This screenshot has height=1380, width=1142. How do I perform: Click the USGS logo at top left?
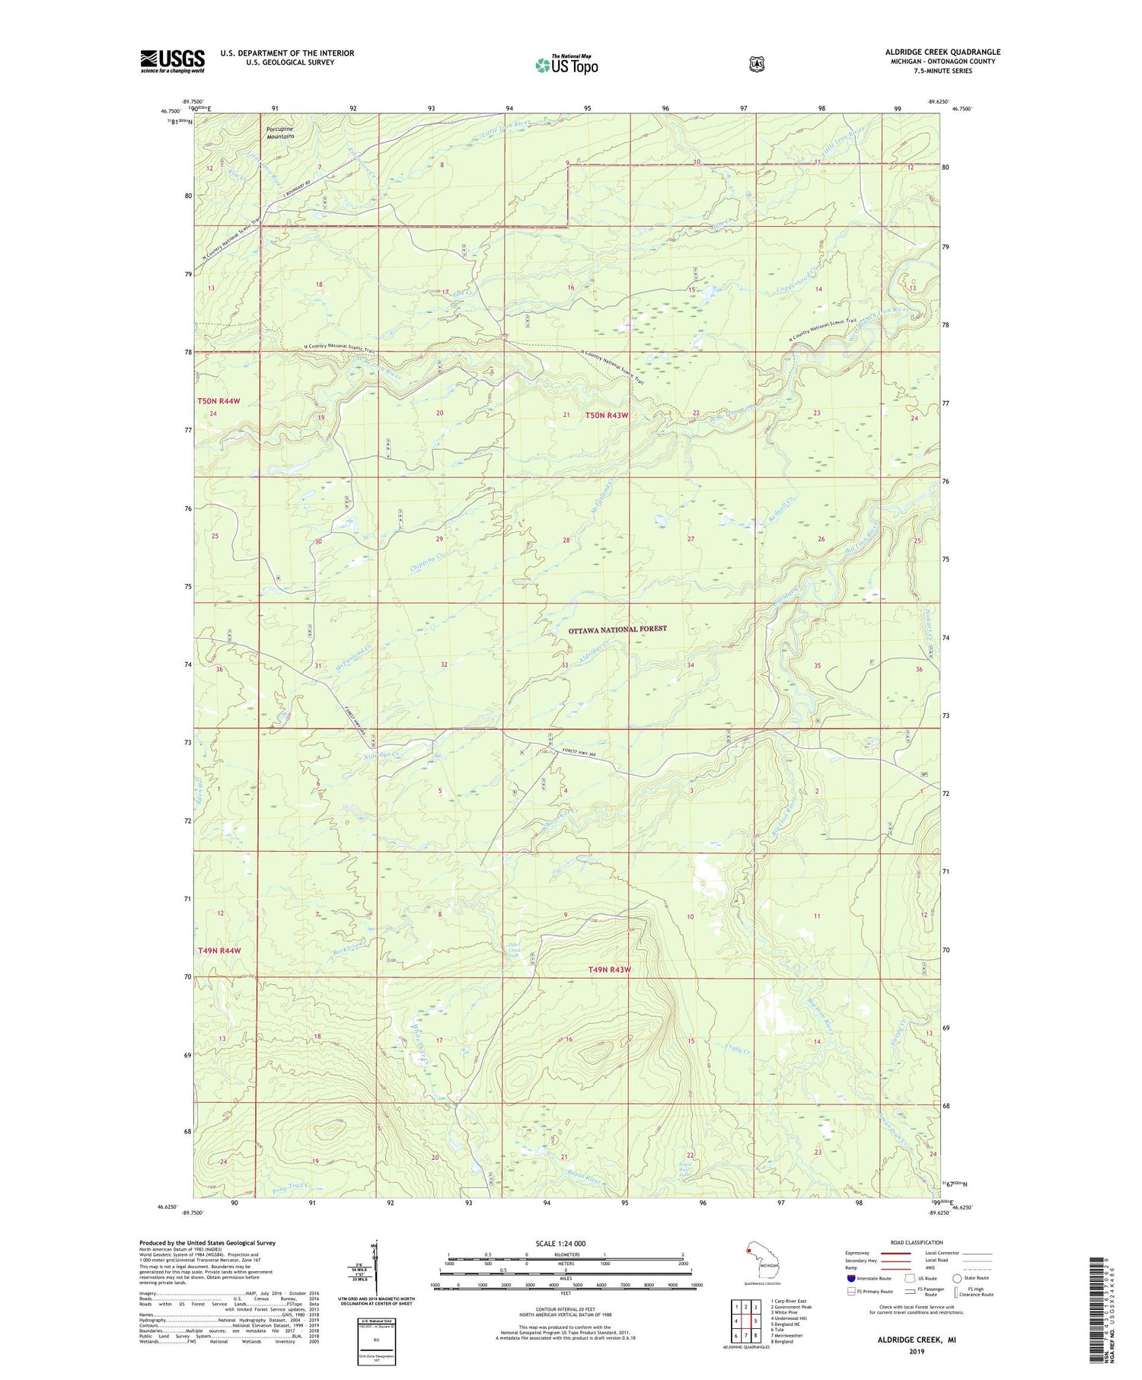172,61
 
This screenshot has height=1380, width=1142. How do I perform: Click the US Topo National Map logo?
566,64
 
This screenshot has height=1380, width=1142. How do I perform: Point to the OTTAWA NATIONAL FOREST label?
617,629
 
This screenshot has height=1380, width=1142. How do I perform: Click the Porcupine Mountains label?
280,134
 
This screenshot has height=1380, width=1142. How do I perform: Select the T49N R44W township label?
219,951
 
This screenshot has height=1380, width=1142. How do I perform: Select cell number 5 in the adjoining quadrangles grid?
755,1321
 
